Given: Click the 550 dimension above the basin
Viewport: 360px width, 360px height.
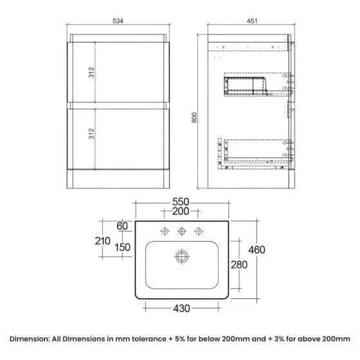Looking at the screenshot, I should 181,201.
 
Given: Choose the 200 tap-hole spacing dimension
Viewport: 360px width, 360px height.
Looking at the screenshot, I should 181,211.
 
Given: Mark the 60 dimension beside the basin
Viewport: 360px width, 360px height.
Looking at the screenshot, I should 122,225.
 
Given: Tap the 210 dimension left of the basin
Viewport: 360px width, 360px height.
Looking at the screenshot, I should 102,240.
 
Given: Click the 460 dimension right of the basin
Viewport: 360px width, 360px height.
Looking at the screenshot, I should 257,250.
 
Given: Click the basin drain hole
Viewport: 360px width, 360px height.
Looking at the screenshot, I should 180,256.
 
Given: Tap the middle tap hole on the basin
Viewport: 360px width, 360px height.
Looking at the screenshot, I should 180,232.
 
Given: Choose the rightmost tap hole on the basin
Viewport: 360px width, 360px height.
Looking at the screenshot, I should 198,232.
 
